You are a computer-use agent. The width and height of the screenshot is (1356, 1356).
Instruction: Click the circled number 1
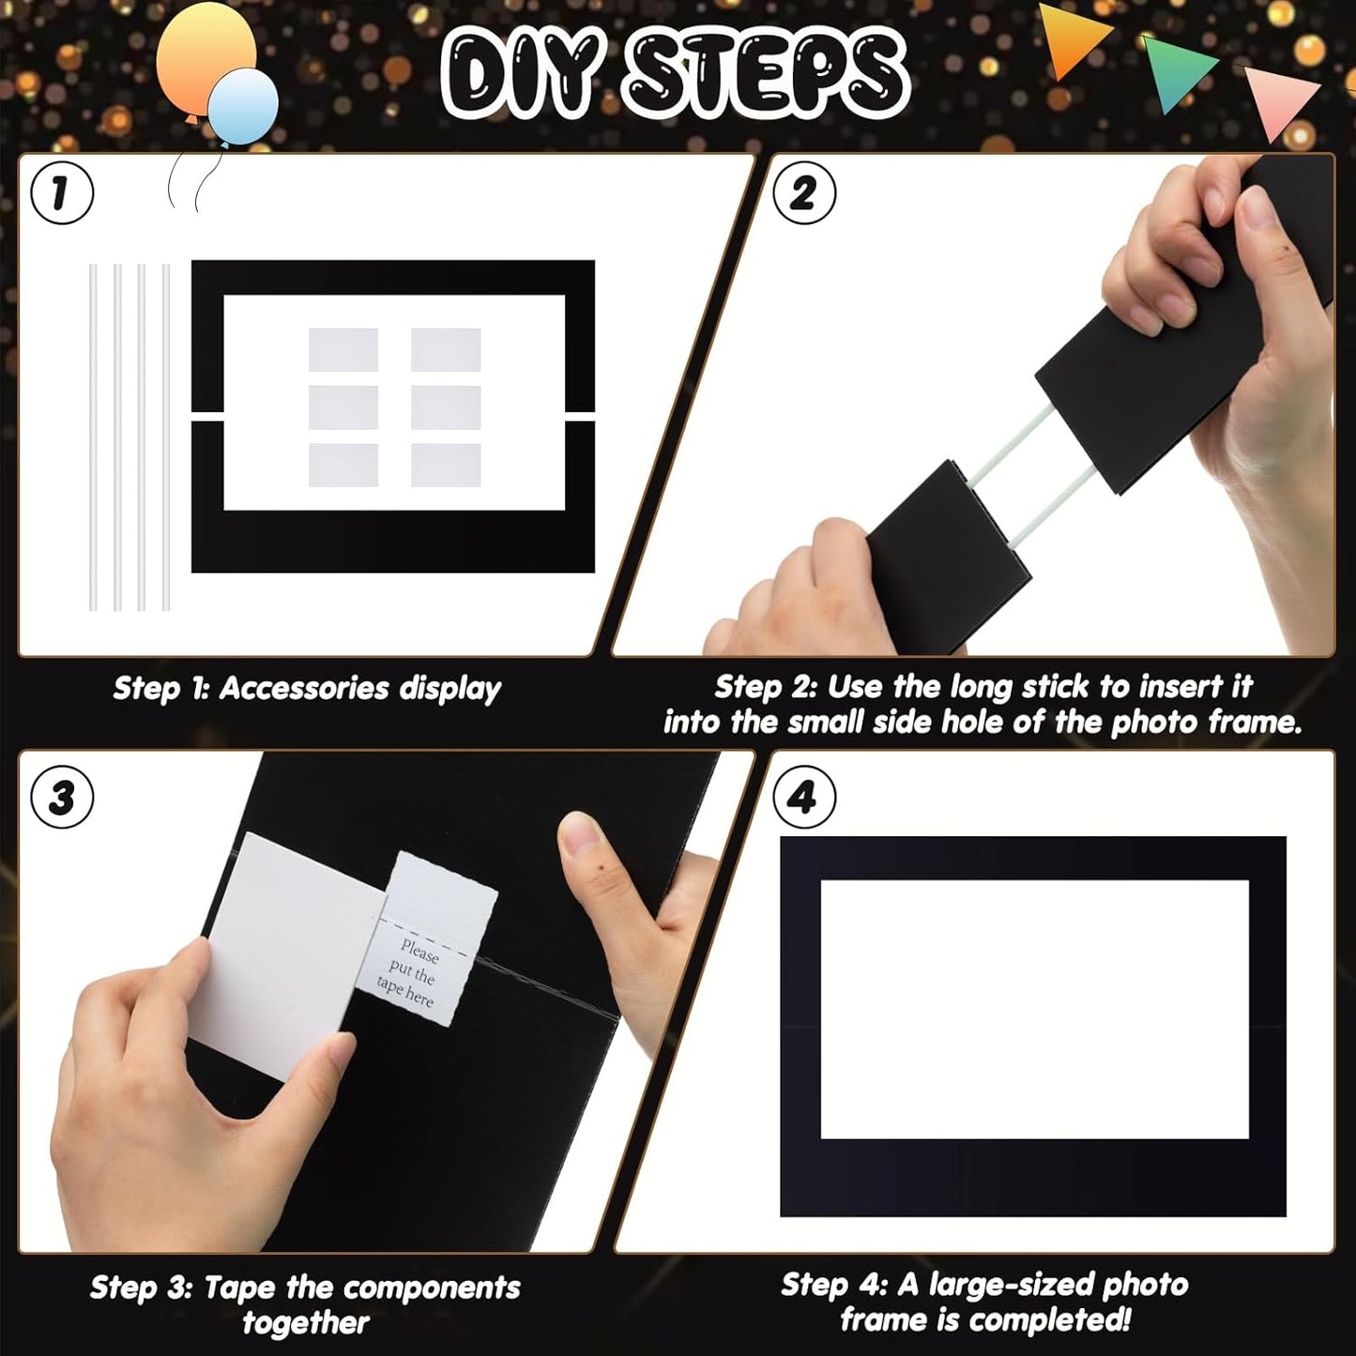(x=62, y=193)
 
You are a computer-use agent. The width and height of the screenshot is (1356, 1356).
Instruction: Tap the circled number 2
(x=803, y=193)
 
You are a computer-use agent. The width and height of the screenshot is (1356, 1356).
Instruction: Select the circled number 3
(x=62, y=798)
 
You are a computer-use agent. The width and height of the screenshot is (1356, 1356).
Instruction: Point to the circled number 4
(x=803, y=798)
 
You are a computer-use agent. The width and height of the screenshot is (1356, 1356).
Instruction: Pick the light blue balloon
(x=244, y=105)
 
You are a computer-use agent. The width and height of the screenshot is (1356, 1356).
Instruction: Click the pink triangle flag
(x=1281, y=99)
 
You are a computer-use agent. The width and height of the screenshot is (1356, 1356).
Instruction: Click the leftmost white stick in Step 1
(x=93, y=437)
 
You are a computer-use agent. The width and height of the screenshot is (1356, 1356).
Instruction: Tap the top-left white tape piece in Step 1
(x=343, y=349)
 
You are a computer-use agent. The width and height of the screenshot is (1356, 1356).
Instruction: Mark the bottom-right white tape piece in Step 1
(x=446, y=465)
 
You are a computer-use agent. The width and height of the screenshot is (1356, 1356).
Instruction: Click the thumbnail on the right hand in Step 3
(x=579, y=832)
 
